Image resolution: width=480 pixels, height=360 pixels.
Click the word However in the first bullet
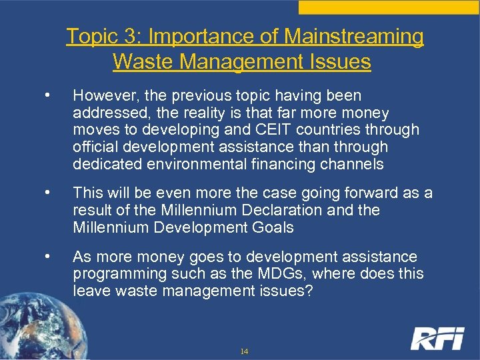click(x=103, y=96)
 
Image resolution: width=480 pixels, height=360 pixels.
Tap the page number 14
click(x=244, y=351)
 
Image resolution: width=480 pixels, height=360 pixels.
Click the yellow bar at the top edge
click(x=389, y=7)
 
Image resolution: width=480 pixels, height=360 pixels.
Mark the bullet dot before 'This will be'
click(x=46, y=193)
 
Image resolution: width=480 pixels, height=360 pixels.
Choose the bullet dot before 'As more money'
click(x=46, y=257)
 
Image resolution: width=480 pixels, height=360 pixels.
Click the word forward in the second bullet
click(x=358, y=193)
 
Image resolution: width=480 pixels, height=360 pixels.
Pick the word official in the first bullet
click(x=95, y=146)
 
